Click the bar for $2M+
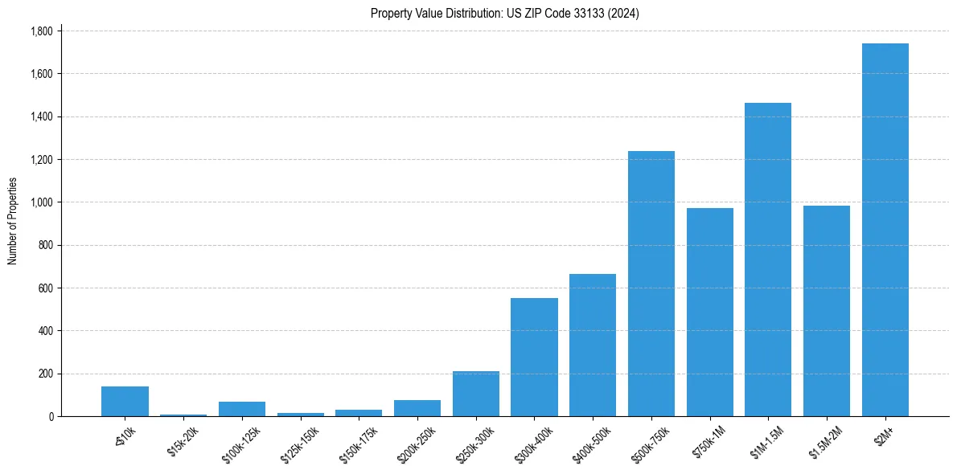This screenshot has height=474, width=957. (885, 230)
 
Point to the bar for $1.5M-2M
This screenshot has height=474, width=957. (827, 311)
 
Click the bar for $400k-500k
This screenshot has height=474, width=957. (593, 345)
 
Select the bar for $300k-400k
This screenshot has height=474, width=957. (534, 357)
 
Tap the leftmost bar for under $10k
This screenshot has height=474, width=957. (125, 401)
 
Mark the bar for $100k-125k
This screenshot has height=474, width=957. (242, 409)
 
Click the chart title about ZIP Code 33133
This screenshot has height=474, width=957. (504, 13)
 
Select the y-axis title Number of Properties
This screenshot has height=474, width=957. (13, 221)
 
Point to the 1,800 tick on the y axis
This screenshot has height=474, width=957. (41, 31)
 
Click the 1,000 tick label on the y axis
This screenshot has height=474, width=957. (41, 202)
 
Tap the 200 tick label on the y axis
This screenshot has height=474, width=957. (45, 374)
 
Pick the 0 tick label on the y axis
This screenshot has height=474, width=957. (51, 416)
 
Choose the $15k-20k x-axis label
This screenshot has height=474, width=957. (183, 440)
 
